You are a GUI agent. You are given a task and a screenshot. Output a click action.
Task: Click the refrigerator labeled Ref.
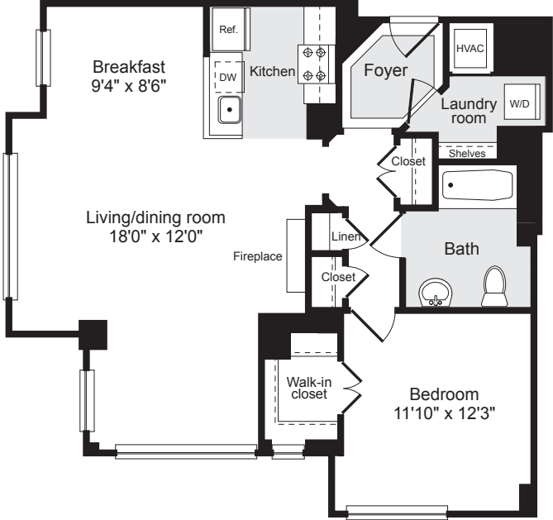tap(228, 29)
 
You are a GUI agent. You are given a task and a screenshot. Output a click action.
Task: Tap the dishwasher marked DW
tap(227, 77)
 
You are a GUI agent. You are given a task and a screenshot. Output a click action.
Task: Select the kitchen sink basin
tap(228, 110)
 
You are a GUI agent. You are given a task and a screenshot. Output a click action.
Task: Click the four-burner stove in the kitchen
tap(314, 64)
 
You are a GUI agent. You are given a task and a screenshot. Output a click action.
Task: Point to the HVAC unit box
tap(470, 47)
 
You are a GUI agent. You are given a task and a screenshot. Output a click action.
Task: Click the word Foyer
tap(385, 71)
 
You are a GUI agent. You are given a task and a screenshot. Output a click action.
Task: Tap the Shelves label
tap(466, 154)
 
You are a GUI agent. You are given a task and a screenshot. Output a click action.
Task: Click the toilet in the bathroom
tap(494, 288)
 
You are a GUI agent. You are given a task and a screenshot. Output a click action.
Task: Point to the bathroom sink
tap(436, 292)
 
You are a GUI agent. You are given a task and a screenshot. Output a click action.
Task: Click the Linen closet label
tap(343, 237)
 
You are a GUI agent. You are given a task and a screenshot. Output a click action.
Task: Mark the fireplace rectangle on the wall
tap(296, 255)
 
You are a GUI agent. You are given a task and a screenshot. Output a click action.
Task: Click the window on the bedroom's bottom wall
tap(397, 511)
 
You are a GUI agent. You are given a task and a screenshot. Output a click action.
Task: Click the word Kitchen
tap(273, 72)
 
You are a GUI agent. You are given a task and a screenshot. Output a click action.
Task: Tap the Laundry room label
tap(468, 111)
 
